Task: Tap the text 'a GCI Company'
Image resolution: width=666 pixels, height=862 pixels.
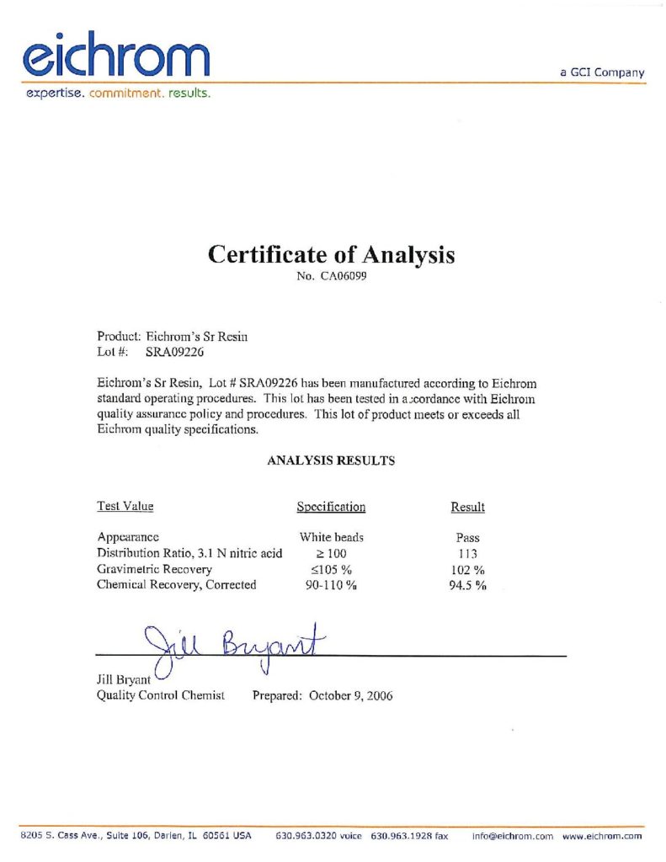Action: (x=602, y=72)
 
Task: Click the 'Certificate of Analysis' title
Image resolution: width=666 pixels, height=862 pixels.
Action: (x=332, y=254)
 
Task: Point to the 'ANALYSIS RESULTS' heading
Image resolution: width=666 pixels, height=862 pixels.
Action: (x=331, y=460)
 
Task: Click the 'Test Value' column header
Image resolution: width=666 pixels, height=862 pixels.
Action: (x=125, y=506)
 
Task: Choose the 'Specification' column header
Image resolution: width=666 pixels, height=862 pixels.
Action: (x=331, y=507)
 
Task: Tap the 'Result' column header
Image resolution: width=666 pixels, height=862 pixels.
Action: (x=468, y=507)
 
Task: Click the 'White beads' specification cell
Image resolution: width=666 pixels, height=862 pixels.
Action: (x=331, y=537)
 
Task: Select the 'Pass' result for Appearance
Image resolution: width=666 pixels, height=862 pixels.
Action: (x=467, y=537)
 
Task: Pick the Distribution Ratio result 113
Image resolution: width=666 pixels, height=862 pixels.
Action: (x=467, y=553)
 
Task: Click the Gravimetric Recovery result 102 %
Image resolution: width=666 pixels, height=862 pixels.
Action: (x=467, y=569)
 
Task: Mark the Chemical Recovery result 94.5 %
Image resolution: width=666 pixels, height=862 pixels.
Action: (x=467, y=585)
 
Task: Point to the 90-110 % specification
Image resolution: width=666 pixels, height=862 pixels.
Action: (x=331, y=585)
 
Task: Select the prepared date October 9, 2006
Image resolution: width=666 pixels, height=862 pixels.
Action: (x=350, y=695)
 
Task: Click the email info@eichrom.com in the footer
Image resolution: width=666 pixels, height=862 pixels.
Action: (x=512, y=836)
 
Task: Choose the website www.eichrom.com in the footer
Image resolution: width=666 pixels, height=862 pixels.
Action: (x=602, y=836)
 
